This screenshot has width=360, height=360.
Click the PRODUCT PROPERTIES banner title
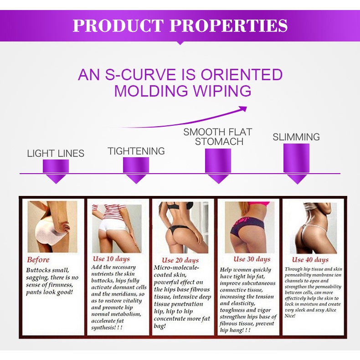tap(180, 25)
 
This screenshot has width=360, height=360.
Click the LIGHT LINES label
tap(56, 154)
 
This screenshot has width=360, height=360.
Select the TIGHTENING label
tap(136, 151)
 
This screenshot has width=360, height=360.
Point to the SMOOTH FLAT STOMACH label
tap(218, 137)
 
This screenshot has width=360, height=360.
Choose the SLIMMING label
tap(296, 137)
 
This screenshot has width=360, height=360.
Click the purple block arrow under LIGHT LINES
tap(56, 171)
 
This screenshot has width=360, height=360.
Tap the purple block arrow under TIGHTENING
tap(136, 170)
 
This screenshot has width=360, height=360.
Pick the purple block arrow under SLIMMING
tap(296, 164)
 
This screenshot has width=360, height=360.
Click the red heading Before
tap(38, 260)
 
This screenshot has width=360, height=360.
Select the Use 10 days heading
tap(111, 259)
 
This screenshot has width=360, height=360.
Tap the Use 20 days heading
tap(180, 260)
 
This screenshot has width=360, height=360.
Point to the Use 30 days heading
tap(252, 259)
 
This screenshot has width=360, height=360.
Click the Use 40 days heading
tap(310, 260)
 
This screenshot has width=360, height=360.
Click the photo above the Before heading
tap(52, 227)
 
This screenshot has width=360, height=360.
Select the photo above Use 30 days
tap(250, 227)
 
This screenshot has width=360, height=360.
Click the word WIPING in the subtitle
tap(222, 91)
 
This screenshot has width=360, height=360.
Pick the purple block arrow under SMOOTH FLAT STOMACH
tap(218, 166)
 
